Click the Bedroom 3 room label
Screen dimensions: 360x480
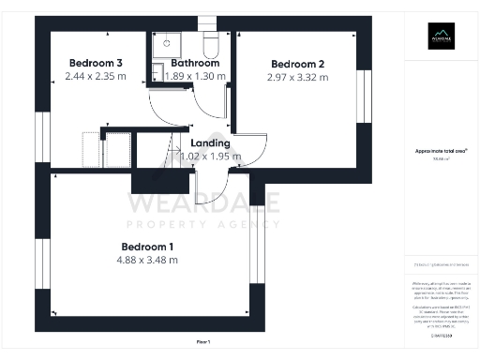click(88, 62)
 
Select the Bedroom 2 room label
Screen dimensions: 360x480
click(297, 64)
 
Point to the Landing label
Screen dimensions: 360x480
click(210, 142)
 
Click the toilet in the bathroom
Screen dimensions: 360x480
click(212, 47)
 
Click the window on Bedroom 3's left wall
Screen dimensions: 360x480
click(39, 139)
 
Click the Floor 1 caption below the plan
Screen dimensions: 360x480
click(203, 342)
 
